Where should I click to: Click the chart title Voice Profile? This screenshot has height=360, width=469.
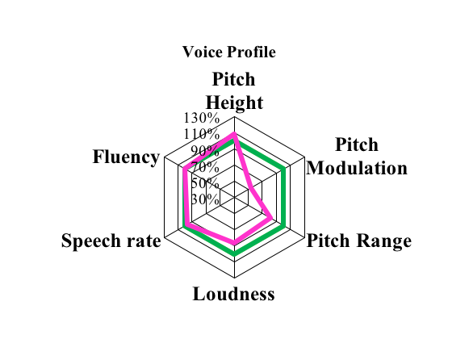click(229, 52)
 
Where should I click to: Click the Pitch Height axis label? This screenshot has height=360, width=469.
click(234, 91)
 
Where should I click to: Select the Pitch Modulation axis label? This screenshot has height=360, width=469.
click(357, 157)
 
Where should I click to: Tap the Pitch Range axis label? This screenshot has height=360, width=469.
click(359, 241)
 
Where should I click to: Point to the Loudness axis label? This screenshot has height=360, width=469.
click(233, 294)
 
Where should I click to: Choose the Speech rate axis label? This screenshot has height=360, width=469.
click(111, 241)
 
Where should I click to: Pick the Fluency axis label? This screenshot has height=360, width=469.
click(126, 157)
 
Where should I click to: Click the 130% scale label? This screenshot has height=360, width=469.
click(202, 118)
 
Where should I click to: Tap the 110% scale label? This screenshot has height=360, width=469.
click(202, 134)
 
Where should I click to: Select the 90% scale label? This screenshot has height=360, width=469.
click(205, 150)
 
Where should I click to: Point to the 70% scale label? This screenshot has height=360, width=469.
click(205, 166)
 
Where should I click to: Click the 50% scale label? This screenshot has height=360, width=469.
click(205, 182)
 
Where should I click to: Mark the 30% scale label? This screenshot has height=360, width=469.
click(205, 199)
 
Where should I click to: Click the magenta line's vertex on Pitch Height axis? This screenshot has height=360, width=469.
click(234, 134)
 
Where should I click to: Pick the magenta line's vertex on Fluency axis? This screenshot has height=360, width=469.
click(185, 169)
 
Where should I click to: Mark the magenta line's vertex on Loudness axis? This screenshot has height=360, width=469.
click(234, 242)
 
